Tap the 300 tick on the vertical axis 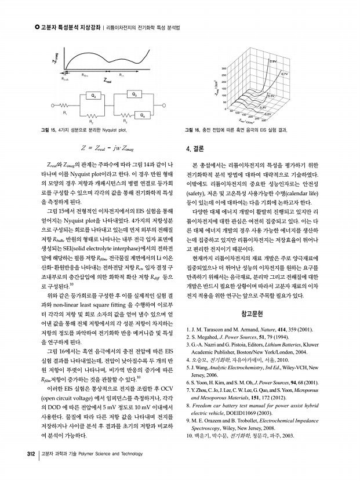224,68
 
